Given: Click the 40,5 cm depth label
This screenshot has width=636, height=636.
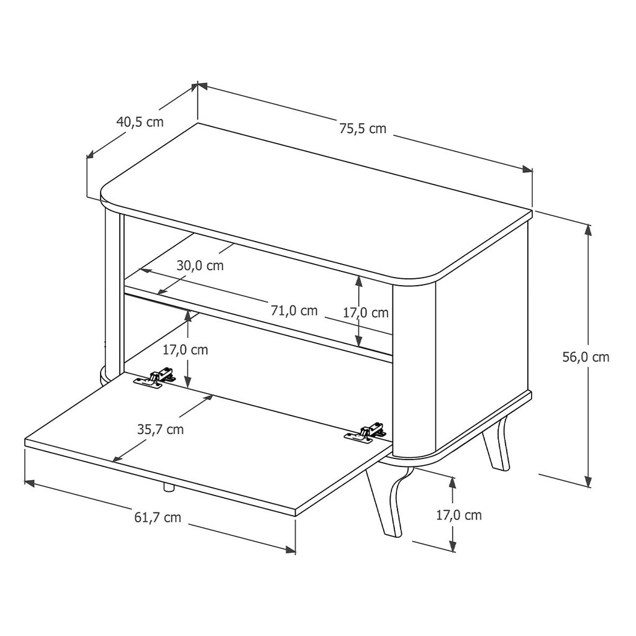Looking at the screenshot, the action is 140,121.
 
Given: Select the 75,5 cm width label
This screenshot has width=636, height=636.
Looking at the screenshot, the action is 363,129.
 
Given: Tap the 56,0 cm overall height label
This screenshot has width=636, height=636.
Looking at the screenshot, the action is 586,357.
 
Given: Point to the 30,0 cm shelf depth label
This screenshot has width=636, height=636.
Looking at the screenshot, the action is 200,265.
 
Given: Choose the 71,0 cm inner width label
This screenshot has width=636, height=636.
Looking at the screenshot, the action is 294,311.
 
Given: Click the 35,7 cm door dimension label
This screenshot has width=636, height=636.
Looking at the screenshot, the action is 160,429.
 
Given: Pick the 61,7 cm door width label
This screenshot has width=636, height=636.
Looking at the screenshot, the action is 158,517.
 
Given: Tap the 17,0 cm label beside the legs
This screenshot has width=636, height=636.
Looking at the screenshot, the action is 459,515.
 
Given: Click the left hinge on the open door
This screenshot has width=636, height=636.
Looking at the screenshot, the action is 155,378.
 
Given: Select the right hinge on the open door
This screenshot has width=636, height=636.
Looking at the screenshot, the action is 365,432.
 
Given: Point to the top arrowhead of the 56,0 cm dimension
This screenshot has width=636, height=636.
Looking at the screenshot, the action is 589,230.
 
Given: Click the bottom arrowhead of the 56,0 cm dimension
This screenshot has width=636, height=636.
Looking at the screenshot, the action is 589,481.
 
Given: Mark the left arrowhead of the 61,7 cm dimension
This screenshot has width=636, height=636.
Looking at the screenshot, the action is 30,483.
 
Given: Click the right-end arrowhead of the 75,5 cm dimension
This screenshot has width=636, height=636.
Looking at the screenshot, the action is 527,170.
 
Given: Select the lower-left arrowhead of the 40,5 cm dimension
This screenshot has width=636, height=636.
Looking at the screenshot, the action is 92,154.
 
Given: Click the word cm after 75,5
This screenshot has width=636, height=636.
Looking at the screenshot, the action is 377,129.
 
